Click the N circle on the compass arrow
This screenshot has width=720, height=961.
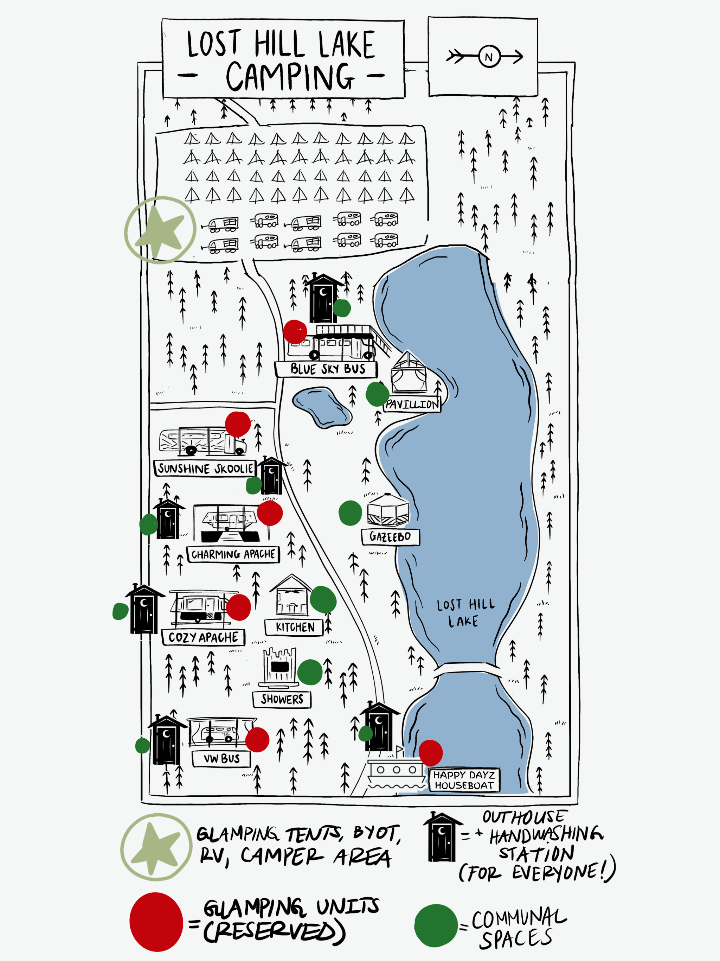[489, 57]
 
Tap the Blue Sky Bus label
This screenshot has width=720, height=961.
[326, 369]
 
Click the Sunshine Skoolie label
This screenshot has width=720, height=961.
[205, 468]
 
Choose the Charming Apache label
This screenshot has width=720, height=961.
[233, 554]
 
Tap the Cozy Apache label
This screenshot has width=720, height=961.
[203, 637]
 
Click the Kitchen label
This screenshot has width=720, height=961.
[295, 627]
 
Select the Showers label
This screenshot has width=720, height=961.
[282, 699]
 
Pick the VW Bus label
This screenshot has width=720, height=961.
[221, 758]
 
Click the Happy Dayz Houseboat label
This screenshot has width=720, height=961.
[464, 780]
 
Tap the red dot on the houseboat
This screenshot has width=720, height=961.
[430, 753]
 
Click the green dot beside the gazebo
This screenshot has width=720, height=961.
[350, 513]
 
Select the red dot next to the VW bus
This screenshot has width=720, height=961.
[257, 739]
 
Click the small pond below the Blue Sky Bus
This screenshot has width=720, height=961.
[321, 407]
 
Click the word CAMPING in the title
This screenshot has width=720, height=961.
[290, 76]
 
